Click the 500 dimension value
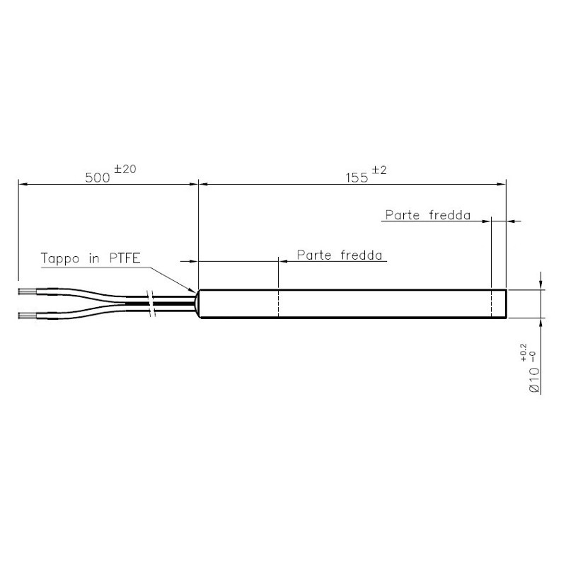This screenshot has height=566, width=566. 98,177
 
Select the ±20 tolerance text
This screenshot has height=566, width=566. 126,168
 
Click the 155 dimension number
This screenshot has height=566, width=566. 357,177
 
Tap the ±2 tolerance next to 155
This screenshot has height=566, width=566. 379,169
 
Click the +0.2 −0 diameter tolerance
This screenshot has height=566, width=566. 524,353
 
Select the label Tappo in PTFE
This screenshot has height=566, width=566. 91,258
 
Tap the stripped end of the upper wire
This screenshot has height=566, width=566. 27,291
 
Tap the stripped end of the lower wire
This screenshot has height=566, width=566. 27,314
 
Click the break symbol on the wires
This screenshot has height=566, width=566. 151,303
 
